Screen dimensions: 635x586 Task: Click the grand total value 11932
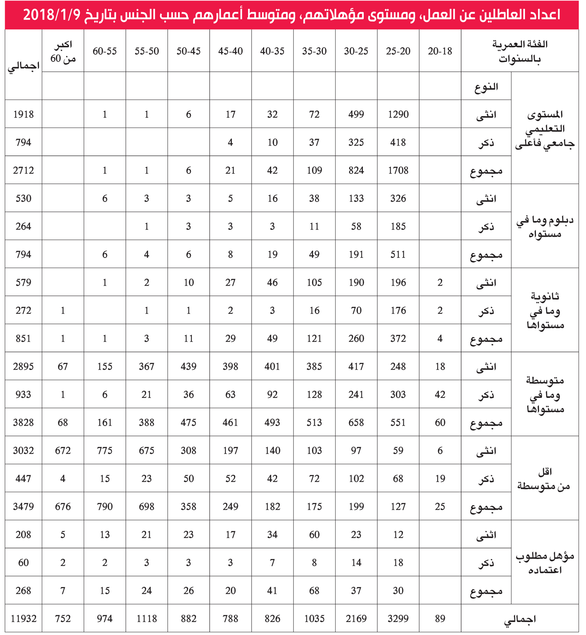(x=23, y=619)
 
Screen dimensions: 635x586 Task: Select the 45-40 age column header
(x=230, y=51)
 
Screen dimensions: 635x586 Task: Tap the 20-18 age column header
(x=440, y=51)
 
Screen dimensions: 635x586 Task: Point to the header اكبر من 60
(x=63, y=51)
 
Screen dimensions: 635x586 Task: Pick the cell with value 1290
(x=398, y=114)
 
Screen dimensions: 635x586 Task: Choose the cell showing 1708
(x=398, y=171)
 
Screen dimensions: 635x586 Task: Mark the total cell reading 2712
(x=23, y=171)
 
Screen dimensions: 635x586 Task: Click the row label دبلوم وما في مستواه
(x=545, y=227)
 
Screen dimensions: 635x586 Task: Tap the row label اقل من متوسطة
(x=545, y=478)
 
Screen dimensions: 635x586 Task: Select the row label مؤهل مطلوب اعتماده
(x=545, y=562)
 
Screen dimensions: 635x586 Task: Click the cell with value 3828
(x=23, y=423)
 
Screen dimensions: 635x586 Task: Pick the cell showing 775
(x=105, y=451)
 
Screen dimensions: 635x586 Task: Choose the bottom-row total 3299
(x=398, y=619)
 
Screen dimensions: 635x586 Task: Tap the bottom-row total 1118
(x=146, y=619)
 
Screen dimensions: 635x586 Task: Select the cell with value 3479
(x=23, y=507)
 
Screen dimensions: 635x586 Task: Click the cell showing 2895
(x=23, y=366)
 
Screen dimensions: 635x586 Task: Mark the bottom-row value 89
(x=440, y=619)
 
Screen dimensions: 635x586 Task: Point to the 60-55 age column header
(x=105, y=51)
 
